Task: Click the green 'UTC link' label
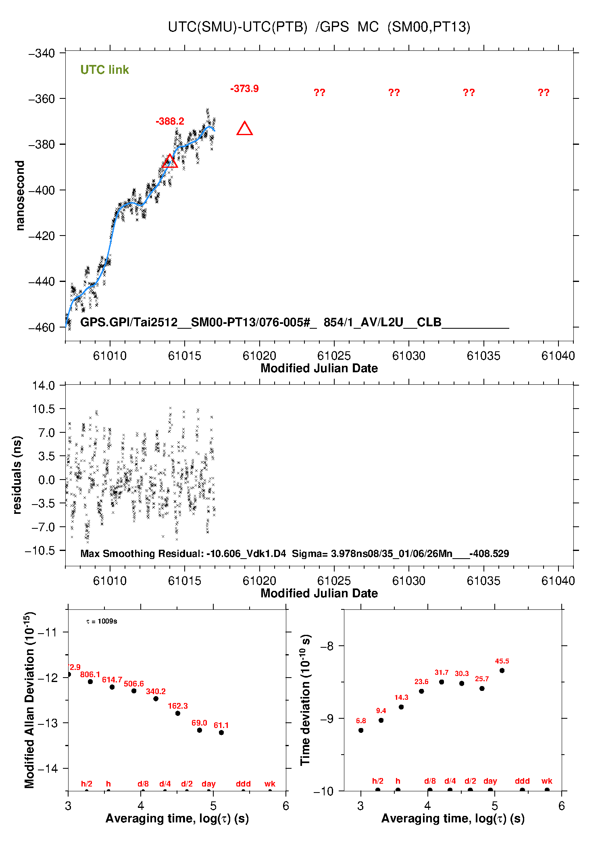click(104, 70)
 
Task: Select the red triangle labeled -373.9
click(244, 129)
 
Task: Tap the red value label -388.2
click(170, 121)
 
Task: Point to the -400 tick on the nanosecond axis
click(42, 190)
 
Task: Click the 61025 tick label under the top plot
click(334, 356)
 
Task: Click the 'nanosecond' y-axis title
click(20, 196)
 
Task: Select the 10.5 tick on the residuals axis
click(44, 409)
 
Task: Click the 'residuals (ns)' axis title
click(17, 475)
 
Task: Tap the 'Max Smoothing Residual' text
click(142, 553)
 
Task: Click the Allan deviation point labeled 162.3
click(177, 713)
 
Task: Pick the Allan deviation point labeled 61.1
click(221, 732)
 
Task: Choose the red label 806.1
click(90, 674)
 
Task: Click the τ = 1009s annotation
click(102, 621)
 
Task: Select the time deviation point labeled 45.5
click(502, 670)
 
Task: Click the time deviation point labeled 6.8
click(361, 730)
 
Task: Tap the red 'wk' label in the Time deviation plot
click(547, 781)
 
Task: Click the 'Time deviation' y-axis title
click(305, 700)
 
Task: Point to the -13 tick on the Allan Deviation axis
click(48, 723)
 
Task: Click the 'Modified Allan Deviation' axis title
click(29, 700)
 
